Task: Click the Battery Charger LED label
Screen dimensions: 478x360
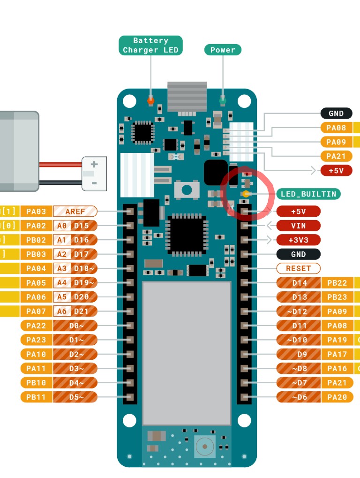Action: tap(150, 46)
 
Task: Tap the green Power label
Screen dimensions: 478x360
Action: tap(223, 50)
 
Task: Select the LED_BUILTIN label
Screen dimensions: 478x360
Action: tap(308, 194)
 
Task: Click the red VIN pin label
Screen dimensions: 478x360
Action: tap(299, 226)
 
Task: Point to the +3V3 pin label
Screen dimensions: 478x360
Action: tap(299, 240)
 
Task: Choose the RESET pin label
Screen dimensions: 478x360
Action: tap(299, 268)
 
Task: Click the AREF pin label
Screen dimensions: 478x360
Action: tap(75, 212)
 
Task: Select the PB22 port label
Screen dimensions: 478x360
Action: tap(337, 283)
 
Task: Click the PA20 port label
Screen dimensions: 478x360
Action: tap(337, 397)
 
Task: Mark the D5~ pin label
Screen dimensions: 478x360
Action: tap(76, 397)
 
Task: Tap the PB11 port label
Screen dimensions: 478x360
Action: tap(36, 397)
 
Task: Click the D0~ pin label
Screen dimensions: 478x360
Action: tap(76, 326)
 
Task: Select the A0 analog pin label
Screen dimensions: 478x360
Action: tap(61, 226)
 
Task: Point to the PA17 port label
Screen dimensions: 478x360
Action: tap(337, 354)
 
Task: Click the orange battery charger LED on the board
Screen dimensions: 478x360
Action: tap(150, 100)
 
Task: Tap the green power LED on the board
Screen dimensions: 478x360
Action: tap(223, 100)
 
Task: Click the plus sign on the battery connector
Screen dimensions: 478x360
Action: tap(94, 164)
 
